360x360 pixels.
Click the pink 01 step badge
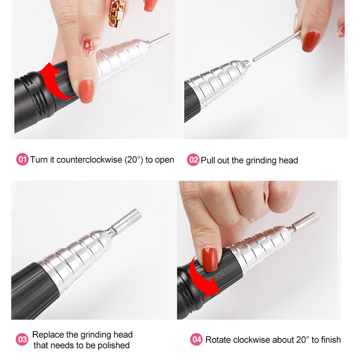tap(22, 159)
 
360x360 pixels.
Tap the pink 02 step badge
tap(193, 160)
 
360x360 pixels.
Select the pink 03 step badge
tap(22, 340)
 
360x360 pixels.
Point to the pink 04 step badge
tap(196, 340)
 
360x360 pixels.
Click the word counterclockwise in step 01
tap(89, 160)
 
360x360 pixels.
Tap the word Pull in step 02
tap(208, 160)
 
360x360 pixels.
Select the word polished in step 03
tap(114, 345)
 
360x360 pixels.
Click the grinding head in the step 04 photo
tap(306, 221)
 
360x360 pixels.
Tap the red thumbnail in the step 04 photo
tap(209, 260)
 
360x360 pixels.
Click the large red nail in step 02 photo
tap(310, 41)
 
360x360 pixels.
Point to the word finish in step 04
tap(330, 340)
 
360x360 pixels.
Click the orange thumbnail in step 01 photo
tap(86, 91)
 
